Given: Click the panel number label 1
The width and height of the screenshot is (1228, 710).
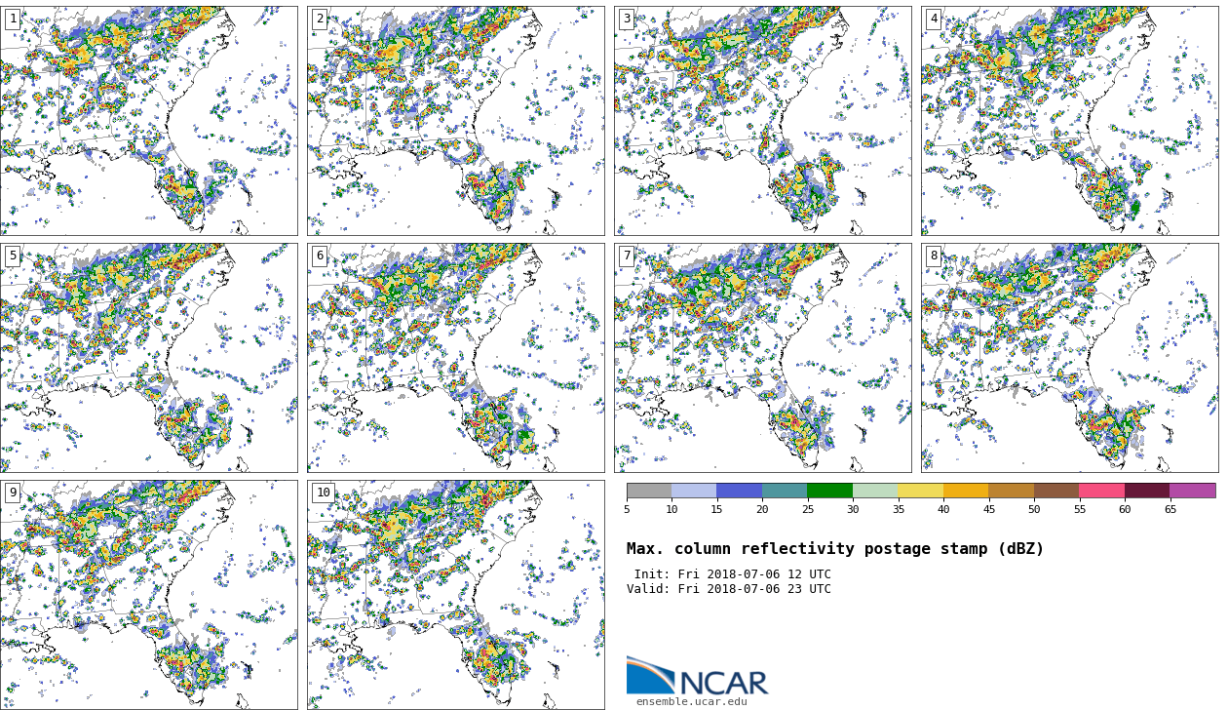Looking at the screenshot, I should tap(13, 19).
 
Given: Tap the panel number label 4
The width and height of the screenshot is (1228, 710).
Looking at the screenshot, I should tap(934, 19).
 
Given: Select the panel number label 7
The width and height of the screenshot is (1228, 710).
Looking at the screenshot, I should tap(627, 256).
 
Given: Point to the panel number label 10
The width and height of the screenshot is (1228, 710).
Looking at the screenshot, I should tap(323, 493).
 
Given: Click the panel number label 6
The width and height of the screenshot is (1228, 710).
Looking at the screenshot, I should tap(320, 256).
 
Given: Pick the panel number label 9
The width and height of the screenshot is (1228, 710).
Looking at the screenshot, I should tap(13, 493).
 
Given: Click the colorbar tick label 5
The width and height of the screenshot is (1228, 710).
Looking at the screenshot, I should tap(627, 509).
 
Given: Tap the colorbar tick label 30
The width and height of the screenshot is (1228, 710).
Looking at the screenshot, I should tap(853, 509).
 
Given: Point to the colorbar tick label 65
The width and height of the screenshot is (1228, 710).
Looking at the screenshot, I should tap(1170, 509).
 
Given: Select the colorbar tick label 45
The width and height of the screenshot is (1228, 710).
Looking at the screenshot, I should tap(988, 509).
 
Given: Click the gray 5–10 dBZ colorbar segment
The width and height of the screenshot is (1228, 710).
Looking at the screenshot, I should tap(649, 491).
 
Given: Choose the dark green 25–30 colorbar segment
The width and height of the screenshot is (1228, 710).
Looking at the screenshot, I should tap(829, 491).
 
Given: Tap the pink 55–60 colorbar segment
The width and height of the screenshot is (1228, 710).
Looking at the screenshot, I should tap(1101, 491).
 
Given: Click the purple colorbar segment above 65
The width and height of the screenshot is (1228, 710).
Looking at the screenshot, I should tap(1192, 491).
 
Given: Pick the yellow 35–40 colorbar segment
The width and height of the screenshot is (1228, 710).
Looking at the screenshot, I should tap(920, 491).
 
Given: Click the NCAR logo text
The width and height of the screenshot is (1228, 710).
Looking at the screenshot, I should tap(723, 684).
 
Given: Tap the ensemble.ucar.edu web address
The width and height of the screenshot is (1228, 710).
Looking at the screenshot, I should tap(692, 701).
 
